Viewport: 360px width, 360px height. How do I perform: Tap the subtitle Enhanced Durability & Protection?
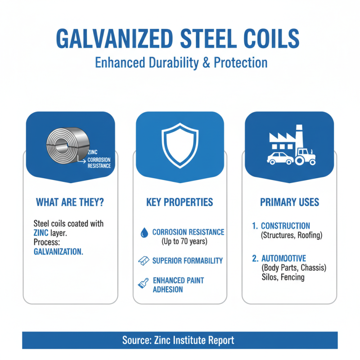pos(181,62)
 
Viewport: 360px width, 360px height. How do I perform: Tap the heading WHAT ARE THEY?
pos(70,202)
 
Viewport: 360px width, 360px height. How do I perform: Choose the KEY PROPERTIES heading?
pos(180,202)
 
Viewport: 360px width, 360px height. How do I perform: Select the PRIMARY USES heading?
pos(289,202)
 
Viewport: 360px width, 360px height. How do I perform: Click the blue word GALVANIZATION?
pos(58,252)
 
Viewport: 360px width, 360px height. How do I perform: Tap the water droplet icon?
pos(144,232)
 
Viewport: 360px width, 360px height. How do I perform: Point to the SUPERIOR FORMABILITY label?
pos(187,261)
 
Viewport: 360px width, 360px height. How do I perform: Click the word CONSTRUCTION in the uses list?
pos(285,226)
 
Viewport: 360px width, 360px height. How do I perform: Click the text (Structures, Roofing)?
pos(292,235)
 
